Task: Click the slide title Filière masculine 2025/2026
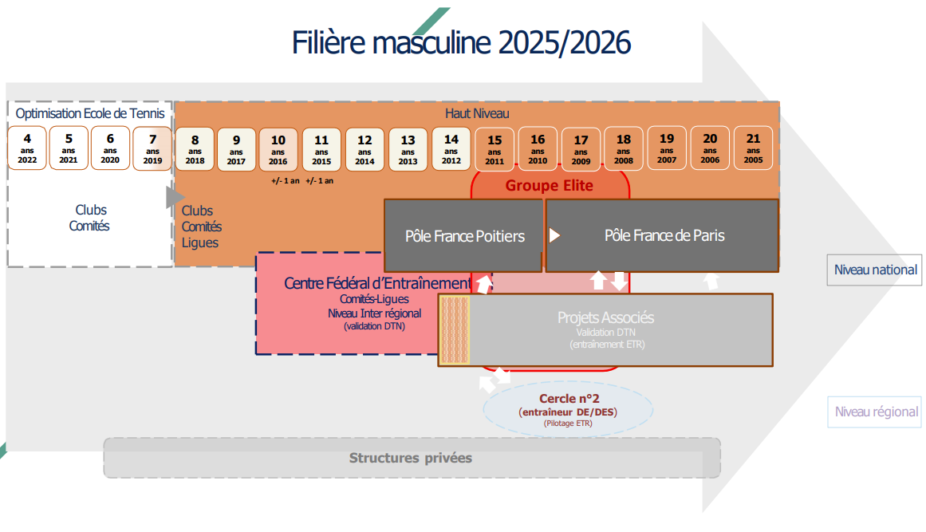461,42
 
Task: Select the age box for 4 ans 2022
27,148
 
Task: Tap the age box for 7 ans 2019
152,148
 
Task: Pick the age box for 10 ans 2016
278,149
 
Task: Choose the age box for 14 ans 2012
451,149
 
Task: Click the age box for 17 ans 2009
581,149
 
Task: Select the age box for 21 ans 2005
753,148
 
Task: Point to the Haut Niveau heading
476,114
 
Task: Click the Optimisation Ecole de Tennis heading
90,114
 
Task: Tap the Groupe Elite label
550,186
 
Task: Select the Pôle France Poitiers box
464,236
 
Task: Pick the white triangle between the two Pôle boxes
554,236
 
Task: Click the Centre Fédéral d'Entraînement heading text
378,283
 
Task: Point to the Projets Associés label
605,317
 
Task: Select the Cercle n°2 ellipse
568,409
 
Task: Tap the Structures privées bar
411,458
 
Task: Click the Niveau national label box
875,270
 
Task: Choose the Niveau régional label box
876,412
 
